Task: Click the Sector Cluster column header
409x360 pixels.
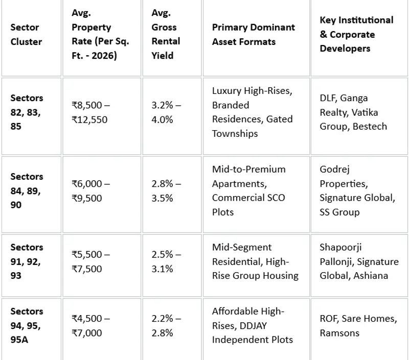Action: pos(26,34)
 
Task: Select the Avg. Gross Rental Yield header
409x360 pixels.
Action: pos(166,34)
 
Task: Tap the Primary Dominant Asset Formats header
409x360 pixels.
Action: pos(253,34)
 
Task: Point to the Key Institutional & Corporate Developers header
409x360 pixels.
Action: pos(356,34)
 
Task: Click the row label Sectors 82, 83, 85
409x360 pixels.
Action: pos(27,112)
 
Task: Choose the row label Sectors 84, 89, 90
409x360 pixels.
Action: pos(27,190)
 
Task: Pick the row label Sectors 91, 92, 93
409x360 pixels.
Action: pos(27,261)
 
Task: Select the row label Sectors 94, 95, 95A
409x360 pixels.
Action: pos(27,325)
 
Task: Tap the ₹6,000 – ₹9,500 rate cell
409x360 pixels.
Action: pos(91,191)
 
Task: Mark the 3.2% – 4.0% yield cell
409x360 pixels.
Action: pos(166,112)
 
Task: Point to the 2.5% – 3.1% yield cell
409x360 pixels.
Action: pos(166,261)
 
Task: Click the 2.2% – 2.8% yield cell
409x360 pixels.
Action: pos(166,326)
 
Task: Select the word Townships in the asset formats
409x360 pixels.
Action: pos(235,134)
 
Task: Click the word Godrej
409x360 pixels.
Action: pos(335,170)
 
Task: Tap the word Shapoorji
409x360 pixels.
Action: pos(340,248)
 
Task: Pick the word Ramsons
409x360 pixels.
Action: pos(339,333)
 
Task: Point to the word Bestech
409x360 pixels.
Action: pos(370,126)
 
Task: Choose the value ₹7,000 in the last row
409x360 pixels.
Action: pos(87,333)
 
